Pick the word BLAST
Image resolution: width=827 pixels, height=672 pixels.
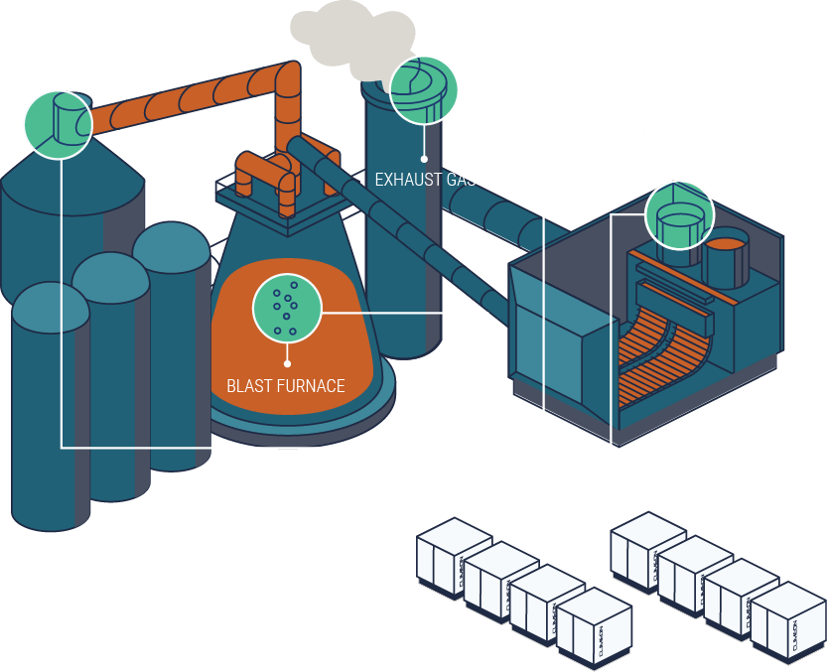247,385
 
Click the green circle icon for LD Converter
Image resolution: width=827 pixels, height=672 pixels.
59,123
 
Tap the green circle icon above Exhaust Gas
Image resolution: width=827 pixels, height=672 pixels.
424,89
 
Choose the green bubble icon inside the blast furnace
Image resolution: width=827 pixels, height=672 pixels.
287,308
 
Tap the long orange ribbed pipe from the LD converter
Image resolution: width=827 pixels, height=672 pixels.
189,99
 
